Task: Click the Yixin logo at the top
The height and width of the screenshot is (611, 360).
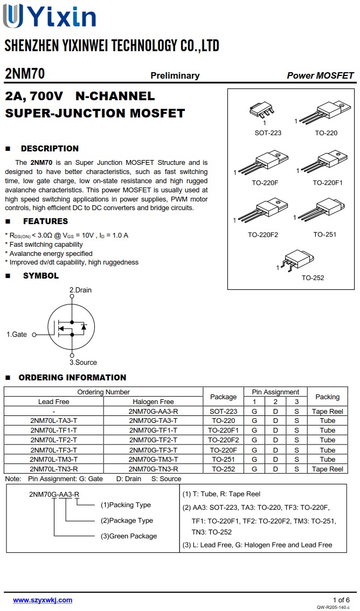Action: [50, 16]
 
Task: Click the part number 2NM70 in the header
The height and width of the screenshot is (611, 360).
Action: [25, 74]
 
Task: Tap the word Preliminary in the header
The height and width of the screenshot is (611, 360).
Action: [175, 75]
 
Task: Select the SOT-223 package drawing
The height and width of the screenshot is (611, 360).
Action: [262, 110]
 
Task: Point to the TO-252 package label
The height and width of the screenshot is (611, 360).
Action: [313, 278]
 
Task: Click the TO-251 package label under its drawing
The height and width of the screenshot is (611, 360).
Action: [324, 234]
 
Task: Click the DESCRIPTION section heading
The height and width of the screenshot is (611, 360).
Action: [50, 149]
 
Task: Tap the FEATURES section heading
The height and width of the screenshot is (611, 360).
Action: [45, 221]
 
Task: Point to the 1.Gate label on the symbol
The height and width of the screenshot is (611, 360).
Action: [17, 335]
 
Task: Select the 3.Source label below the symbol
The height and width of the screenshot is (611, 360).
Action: [83, 363]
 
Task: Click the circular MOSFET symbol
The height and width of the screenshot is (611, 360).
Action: [71, 327]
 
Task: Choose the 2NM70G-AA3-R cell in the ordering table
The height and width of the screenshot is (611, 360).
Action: [153, 411]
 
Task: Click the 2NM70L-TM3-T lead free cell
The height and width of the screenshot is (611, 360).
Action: [54, 459]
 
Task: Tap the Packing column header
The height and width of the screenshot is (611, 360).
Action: [327, 397]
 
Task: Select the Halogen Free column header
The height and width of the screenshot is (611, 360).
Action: [153, 401]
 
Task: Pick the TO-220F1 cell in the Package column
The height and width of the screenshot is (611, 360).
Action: [223, 431]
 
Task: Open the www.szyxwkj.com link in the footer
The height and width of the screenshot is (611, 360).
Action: [43, 600]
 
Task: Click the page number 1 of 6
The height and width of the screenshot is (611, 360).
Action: [341, 600]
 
